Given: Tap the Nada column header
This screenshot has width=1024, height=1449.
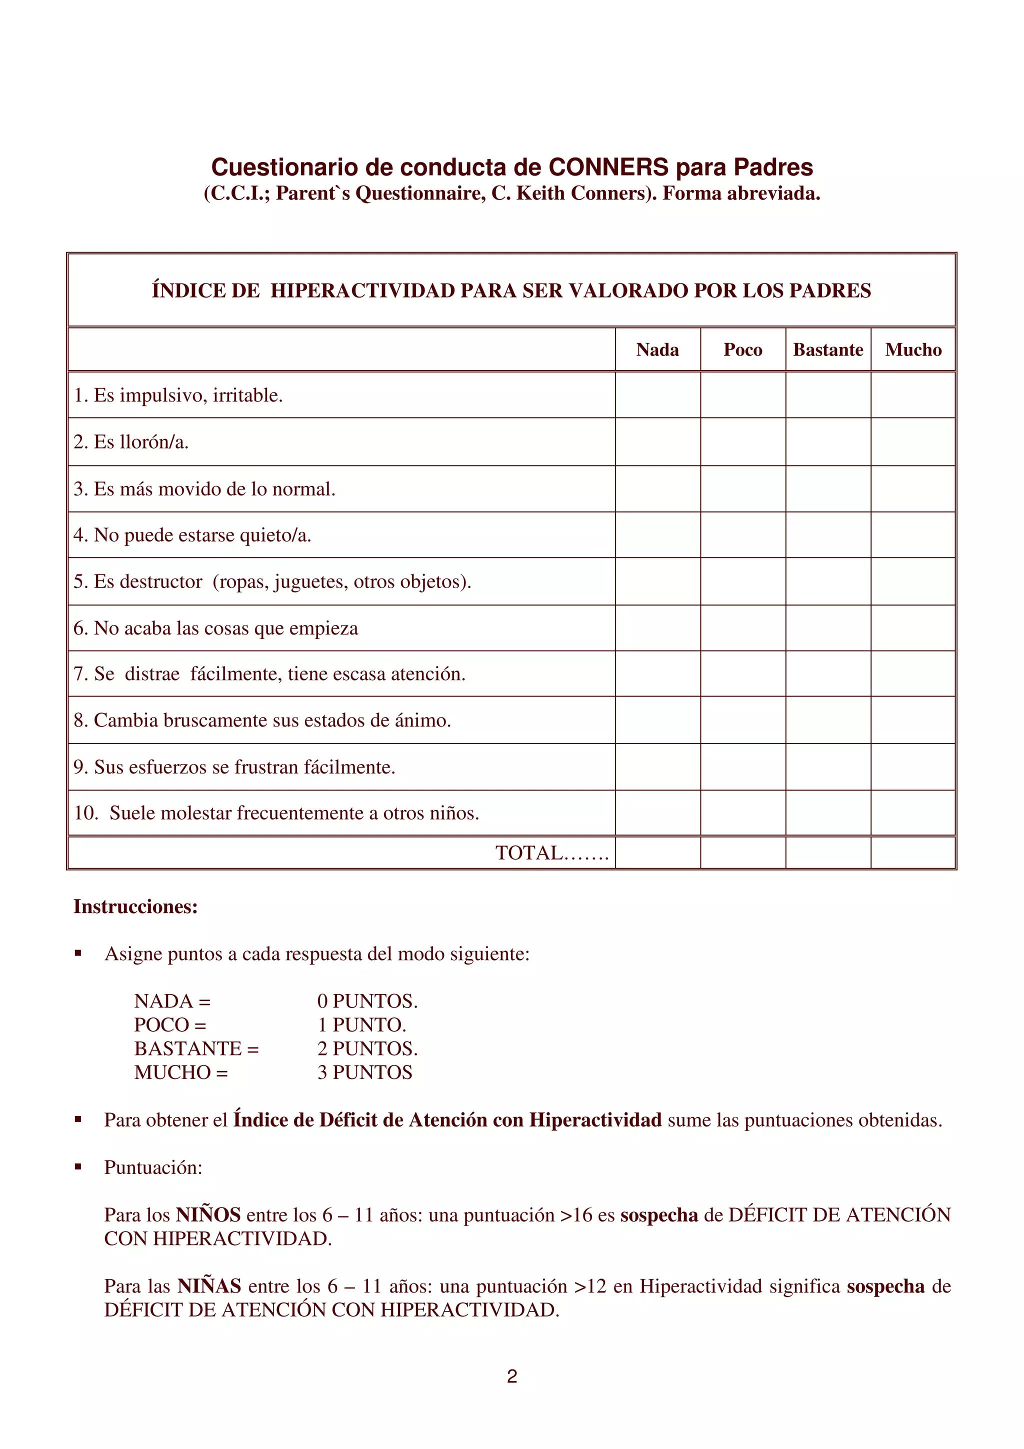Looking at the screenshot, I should (657, 349).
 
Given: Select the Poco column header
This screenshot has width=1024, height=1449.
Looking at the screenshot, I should (742, 349).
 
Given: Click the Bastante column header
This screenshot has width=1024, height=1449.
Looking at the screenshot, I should (828, 349).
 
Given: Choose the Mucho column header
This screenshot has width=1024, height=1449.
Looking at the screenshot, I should (913, 349).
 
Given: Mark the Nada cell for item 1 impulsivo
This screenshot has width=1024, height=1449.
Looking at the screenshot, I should (657, 395).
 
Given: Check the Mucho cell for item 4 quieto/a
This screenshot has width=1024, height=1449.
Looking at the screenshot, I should (913, 534).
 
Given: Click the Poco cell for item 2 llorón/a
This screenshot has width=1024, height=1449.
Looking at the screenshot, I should (742, 442).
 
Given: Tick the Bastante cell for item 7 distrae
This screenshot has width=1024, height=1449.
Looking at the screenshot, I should (828, 673).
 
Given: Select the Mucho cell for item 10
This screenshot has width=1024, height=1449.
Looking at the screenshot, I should (913, 813).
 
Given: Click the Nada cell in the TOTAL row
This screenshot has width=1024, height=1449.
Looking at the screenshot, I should (657, 852).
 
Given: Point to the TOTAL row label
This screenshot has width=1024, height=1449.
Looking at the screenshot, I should (551, 853).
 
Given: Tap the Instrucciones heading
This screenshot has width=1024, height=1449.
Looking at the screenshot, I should (135, 906).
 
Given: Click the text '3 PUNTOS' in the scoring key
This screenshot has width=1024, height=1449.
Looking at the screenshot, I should (364, 1072).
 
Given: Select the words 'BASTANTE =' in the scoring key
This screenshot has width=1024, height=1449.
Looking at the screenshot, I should (196, 1048).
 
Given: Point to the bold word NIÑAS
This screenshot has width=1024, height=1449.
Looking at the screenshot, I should (209, 1286).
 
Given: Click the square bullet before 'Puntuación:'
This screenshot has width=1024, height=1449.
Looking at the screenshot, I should (78, 1167).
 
